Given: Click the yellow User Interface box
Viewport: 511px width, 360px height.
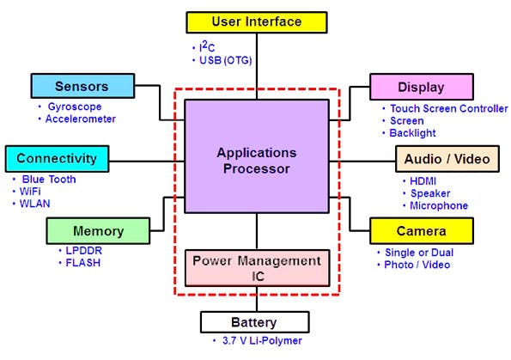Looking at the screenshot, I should (256, 21).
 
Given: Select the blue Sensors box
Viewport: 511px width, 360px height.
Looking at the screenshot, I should (82, 86).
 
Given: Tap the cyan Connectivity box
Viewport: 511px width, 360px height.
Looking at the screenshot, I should (57, 158).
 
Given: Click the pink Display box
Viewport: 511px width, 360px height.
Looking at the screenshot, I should (421, 87).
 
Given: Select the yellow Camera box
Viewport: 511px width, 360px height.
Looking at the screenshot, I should (421, 231).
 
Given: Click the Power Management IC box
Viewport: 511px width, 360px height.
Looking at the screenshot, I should (256, 267).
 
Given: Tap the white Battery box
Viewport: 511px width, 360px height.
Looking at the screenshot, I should (255, 322).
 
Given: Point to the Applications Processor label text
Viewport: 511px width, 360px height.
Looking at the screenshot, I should (256, 161).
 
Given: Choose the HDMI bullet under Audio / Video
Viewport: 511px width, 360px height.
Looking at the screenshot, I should (424, 181).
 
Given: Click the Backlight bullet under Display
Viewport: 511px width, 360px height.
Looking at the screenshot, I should (413, 133).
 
